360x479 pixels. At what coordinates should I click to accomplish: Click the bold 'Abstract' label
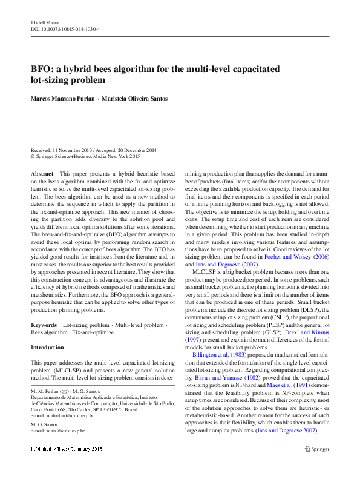pyautogui.click(x=42, y=174)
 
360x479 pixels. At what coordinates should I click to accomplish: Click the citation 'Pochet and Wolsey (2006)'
pyautogui.click(x=295, y=257)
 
